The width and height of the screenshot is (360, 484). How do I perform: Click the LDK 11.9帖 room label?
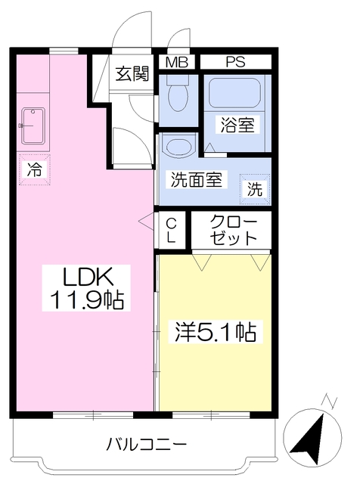tap(86, 287)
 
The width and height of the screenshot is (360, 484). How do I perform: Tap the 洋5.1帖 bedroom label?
tap(216, 331)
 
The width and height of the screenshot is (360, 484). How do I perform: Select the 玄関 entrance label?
tap(132, 74)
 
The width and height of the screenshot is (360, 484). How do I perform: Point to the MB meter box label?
tap(177, 62)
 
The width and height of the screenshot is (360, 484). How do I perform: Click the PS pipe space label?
tap(235, 62)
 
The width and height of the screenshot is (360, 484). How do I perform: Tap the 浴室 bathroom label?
tap(237, 125)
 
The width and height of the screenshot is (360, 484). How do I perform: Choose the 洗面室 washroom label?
tap(197, 179)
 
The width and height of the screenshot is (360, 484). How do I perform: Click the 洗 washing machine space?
tap(255, 189)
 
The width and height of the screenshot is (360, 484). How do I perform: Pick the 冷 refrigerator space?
tap(35, 169)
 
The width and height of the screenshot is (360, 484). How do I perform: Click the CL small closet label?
tap(172, 230)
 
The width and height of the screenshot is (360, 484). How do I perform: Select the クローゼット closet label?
tap(233, 230)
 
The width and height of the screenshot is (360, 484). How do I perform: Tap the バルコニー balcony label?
tap(147, 445)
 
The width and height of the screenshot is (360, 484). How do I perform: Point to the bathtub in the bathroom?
tap(235, 92)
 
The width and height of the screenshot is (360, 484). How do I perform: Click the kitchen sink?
tap(33, 126)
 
